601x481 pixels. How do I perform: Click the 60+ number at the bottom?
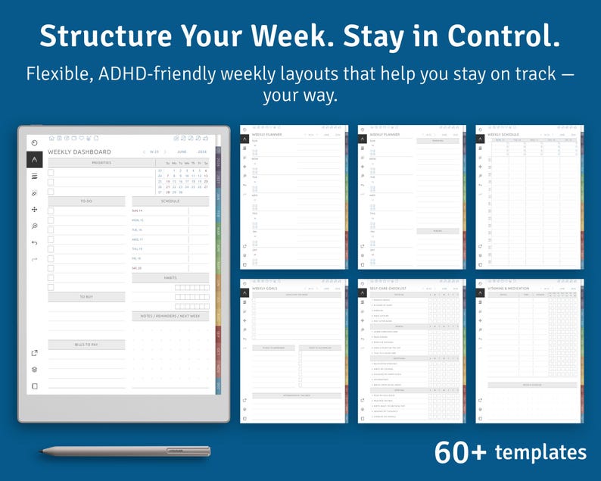pos(460,452)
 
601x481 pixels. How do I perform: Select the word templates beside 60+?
pos(540,453)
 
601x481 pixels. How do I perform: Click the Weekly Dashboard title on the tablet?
pos(79,152)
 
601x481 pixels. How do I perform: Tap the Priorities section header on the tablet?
pos(101,163)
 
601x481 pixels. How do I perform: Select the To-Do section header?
pos(86,201)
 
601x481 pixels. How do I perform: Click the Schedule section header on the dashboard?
pos(170,201)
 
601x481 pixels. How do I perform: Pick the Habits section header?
pos(170,278)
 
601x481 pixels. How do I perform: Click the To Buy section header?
pos(86,297)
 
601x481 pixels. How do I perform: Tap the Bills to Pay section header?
pos(86,345)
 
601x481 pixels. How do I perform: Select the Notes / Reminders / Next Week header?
pos(170,316)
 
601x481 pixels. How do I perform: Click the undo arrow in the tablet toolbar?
pos(34,242)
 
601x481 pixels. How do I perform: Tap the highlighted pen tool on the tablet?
pos(34,159)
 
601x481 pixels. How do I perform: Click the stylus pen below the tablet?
pos(125,451)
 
